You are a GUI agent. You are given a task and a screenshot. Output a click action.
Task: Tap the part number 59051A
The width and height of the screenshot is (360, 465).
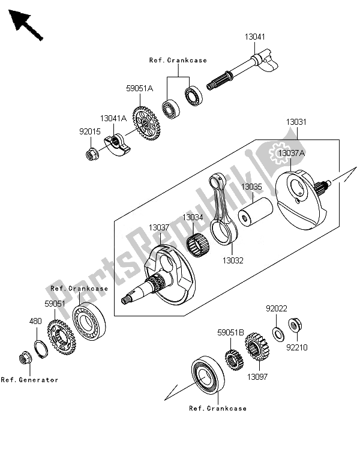tap(139, 88)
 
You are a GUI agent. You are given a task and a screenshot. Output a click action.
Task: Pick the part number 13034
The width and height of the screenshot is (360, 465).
tap(193, 217)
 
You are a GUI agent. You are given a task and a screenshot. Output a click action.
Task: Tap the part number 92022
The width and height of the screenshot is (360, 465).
tap(277, 309)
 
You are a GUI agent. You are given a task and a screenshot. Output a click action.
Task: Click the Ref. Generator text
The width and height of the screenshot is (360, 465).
tap(30, 380)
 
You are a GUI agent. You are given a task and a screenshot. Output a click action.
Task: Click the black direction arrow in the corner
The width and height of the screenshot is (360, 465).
tap(26, 26)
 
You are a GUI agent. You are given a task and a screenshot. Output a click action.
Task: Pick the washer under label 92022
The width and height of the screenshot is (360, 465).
tap(278, 332)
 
